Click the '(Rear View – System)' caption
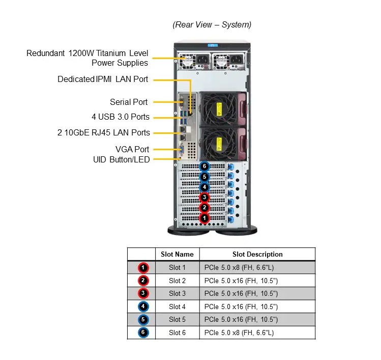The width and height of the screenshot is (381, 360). pos(212,24)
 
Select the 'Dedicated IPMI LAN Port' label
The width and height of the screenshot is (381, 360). pos(103,79)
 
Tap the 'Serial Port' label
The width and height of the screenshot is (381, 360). pos(129,102)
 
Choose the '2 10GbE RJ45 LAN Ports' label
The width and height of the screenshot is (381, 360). pos(104,132)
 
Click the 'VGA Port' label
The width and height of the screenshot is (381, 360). pos(132,149)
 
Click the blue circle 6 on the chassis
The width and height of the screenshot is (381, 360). pos(204,167)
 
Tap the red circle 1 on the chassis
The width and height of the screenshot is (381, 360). pos(204,218)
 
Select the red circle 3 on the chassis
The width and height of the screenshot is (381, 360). pos(204,198)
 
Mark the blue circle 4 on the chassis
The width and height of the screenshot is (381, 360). pos(204,187)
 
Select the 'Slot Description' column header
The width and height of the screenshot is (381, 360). pos(257,254)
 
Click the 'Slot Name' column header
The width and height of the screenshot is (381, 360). pos(177,254)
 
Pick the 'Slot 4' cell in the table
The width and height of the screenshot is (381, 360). pos(177,307)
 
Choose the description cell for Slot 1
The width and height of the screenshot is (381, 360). pos(257,267)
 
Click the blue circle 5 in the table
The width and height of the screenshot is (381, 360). pos(144,320)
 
